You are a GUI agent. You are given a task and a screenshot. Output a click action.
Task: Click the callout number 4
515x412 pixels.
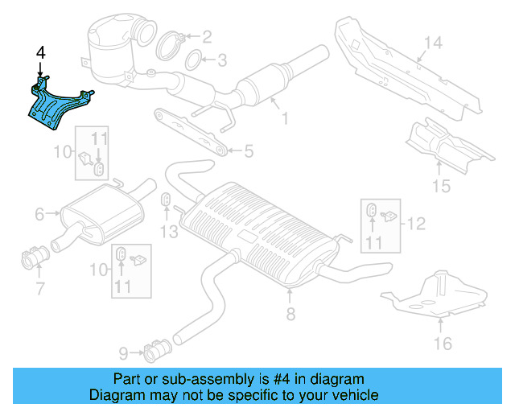(40, 53)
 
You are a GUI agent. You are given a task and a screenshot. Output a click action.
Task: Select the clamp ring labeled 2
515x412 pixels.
(171, 45)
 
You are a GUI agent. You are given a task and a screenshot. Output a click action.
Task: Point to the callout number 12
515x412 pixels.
(417, 223)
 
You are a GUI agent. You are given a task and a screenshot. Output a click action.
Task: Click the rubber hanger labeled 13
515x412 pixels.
(166, 200)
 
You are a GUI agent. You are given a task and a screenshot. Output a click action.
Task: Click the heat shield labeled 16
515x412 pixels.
(435, 294)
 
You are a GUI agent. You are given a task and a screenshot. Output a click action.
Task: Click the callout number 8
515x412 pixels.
(290, 315)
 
